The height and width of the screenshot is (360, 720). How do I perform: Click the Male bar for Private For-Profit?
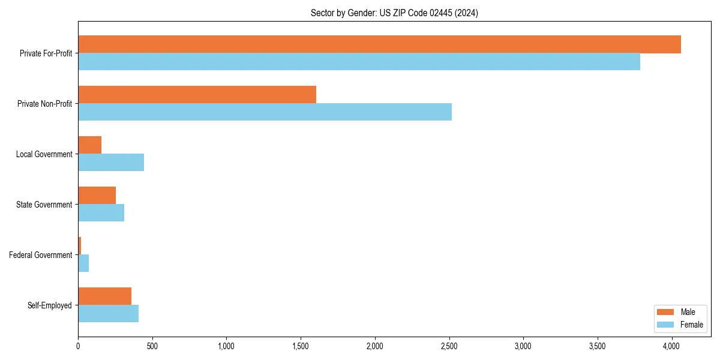tap(379, 44)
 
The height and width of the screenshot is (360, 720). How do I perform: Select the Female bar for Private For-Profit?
tap(359, 62)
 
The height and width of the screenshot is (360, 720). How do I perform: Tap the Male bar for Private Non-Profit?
tap(197, 95)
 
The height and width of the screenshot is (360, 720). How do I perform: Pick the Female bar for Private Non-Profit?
tap(265, 112)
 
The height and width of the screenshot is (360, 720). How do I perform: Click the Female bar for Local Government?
tap(111, 163)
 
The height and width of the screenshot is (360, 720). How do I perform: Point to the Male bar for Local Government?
tap(90, 145)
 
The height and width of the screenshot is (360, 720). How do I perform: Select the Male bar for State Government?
tap(97, 196)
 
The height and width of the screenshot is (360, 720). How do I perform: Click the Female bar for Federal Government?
tap(83, 263)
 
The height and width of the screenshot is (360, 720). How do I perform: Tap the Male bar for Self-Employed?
tap(105, 296)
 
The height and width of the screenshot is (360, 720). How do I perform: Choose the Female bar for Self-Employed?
tap(109, 314)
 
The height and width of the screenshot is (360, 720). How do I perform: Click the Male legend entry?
tap(680, 312)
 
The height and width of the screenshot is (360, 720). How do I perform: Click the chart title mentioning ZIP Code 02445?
tap(394, 13)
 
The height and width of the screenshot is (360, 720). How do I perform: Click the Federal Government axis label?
tap(41, 255)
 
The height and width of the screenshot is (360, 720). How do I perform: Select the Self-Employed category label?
tap(50, 305)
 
